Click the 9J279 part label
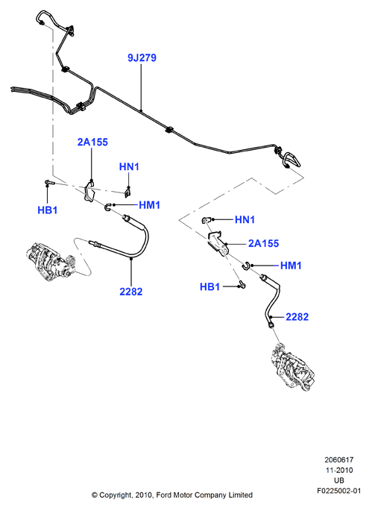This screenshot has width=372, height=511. [x=142, y=57]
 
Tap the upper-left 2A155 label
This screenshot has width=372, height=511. [x=92, y=142]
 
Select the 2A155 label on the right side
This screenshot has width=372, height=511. [x=263, y=243]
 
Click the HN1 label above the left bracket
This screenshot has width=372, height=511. [x=129, y=167]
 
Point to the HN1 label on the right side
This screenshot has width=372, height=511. [x=245, y=219]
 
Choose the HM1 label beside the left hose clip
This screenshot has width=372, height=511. [x=150, y=205]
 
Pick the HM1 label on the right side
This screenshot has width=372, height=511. [x=291, y=266]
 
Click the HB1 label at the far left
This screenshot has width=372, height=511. [x=48, y=210]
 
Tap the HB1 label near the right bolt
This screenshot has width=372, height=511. [x=209, y=286]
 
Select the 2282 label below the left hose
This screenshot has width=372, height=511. [x=131, y=292]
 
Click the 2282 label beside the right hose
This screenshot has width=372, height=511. [x=297, y=317]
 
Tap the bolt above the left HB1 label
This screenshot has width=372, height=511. [x=48, y=183]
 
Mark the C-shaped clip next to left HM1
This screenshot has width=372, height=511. [x=107, y=207]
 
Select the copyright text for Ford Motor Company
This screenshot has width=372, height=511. [x=172, y=495]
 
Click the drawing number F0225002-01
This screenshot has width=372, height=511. [x=338, y=490]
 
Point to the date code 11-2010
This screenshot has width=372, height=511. [x=338, y=470]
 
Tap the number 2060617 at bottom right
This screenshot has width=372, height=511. [x=338, y=460]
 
